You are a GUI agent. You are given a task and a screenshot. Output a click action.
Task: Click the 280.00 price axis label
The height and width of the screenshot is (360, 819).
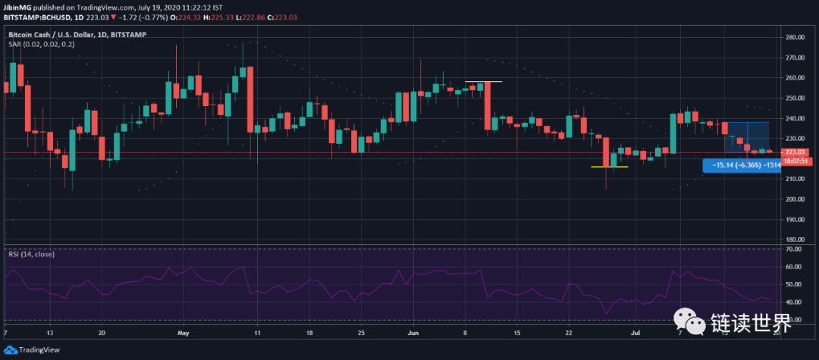coord(795,37)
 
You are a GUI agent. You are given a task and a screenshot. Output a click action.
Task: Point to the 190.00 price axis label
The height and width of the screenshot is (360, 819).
coord(795,220)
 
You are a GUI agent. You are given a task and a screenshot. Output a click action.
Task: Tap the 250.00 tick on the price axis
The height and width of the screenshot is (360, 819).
coord(795,98)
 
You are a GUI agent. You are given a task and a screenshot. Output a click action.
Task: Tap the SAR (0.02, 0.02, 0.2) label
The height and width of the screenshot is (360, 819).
coord(41,44)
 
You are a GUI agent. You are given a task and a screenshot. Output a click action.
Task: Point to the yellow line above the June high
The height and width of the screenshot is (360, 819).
coord(483,81)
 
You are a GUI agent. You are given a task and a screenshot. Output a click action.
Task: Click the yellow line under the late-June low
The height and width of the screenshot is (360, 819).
coord(609,167)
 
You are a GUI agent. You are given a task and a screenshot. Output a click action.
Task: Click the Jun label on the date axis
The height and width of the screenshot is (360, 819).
coord(413,333)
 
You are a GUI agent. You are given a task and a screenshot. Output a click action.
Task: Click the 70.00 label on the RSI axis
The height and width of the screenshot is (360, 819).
coord(794,249)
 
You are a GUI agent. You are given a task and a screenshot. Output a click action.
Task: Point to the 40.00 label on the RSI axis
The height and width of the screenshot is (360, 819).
coord(794,302)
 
